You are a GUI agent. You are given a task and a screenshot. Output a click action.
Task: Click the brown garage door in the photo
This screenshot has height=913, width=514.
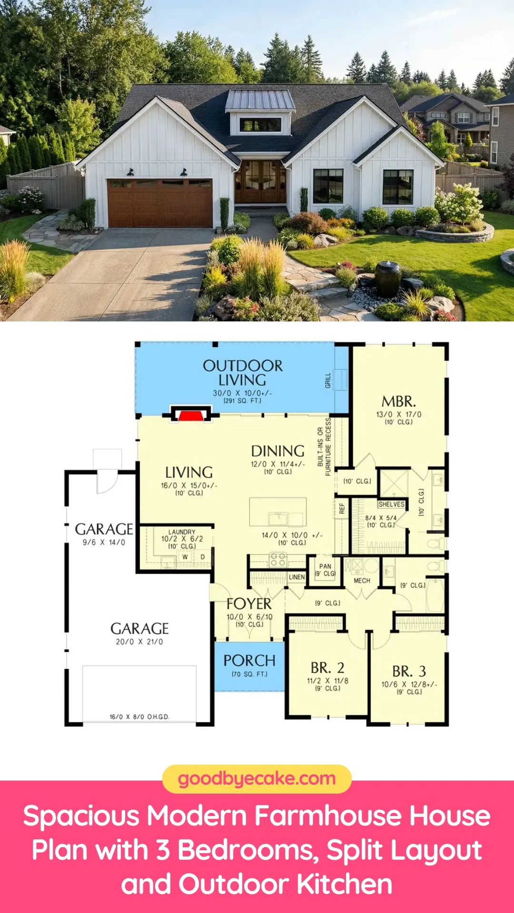(160, 203)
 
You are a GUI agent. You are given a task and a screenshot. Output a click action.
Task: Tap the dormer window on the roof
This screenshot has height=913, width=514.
(260, 125)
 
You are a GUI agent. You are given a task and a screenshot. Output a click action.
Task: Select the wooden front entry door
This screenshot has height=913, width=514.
(260, 182)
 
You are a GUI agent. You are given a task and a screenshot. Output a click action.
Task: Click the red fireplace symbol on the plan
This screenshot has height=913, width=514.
(190, 416)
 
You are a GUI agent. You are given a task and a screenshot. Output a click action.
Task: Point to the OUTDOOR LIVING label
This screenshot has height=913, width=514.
(243, 373)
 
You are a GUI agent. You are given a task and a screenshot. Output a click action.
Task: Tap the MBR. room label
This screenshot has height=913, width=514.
(399, 402)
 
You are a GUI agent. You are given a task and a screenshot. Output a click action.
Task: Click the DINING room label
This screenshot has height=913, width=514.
(278, 451)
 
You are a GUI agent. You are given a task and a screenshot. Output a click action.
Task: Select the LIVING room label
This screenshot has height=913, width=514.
(189, 473)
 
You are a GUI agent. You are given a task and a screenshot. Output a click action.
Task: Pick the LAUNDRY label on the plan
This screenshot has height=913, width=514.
(182, 532)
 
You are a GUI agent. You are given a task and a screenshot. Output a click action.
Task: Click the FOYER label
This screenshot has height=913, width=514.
(249, 604)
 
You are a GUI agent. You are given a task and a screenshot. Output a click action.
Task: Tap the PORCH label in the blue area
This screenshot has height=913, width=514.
(249, 660)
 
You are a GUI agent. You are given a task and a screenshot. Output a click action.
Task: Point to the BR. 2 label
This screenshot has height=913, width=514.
(327, 668)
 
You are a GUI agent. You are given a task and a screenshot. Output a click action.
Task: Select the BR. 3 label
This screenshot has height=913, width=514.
(409, 671)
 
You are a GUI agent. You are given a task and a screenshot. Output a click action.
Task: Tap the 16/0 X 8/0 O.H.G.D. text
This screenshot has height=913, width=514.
(139, 717)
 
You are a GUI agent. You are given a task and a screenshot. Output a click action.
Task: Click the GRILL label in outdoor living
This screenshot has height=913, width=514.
(328, 380)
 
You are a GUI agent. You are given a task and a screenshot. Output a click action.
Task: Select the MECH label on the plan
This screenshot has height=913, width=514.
(362, 581)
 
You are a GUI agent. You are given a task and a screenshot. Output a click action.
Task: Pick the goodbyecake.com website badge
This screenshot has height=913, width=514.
(257, 779)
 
